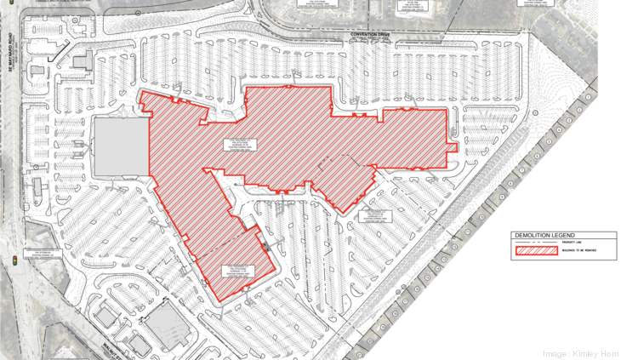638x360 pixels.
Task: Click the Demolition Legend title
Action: click(x=544, y=235)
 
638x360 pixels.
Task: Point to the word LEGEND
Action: click(x=561, y=235)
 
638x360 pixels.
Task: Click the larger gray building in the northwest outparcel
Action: click(x=83, y=60)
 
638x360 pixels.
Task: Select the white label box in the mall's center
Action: click(x=239, y=146)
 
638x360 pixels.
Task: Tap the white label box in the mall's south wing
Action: click(x=234, y=270)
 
